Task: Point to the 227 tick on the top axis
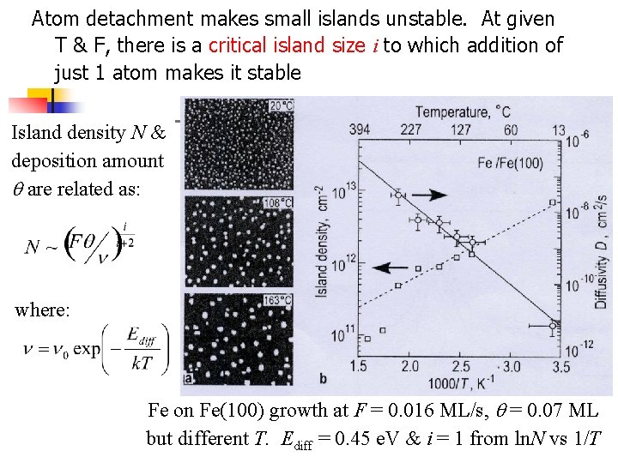point(410,130)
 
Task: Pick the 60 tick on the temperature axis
point(512,130)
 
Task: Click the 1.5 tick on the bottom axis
point(359,367)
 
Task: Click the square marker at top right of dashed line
point(554,201)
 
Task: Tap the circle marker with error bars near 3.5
point(554,325)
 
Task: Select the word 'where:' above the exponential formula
point(42,310)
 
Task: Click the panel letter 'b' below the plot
point(322,378)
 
